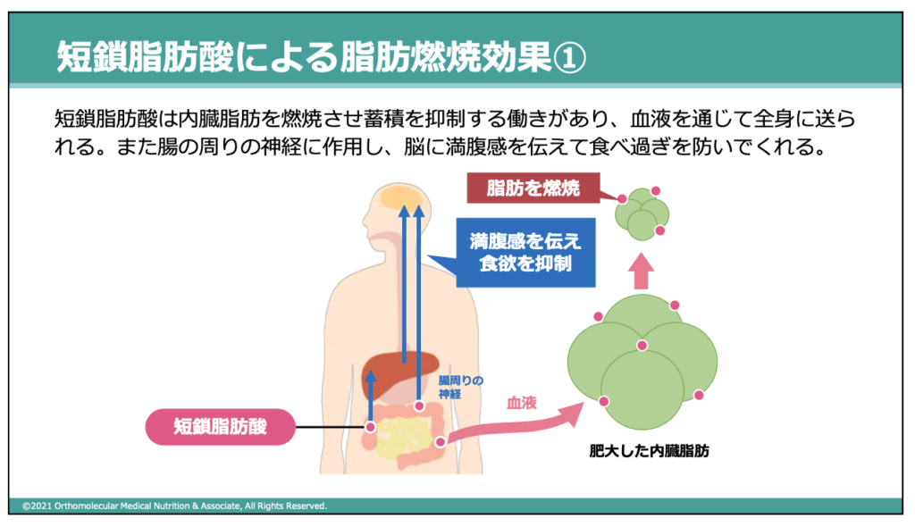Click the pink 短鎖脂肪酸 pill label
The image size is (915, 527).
220,427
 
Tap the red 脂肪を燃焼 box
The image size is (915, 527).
533,188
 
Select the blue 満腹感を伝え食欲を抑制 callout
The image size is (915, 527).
525,252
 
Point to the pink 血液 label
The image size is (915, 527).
522,403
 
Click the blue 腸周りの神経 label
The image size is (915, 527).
461,387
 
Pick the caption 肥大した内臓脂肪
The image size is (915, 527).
649,450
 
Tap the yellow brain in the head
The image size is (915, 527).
401,197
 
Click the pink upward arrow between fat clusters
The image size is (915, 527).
641,271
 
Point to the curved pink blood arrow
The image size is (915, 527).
514,423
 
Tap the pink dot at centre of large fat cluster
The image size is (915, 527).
642,346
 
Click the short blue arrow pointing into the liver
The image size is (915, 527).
371,395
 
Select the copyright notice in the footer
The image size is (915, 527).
174,506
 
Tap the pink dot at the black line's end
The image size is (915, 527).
370,427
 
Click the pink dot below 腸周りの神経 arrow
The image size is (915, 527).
419,406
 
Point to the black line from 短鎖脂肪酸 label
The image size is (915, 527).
330,427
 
